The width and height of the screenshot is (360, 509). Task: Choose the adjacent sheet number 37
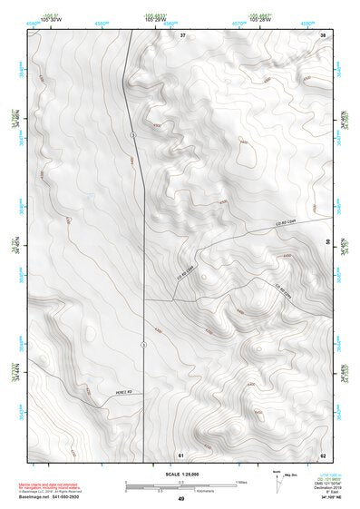tap(182, 34)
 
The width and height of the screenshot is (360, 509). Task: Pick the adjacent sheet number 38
tap(324, 34)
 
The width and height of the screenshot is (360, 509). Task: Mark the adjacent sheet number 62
tap(323, 454)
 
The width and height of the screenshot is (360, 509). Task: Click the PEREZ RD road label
tap(99, 392)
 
